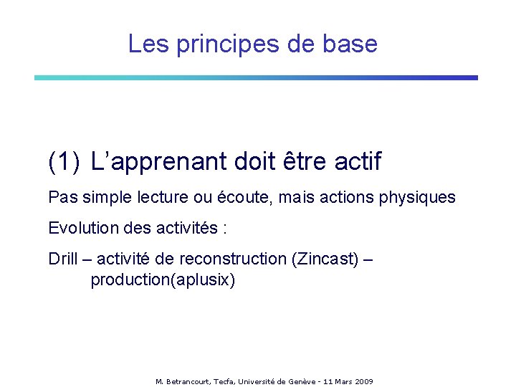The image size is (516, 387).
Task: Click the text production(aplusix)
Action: (162, 279)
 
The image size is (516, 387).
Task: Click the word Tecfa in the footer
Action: (226, 381)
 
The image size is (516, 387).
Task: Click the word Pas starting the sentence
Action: (60, 197)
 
